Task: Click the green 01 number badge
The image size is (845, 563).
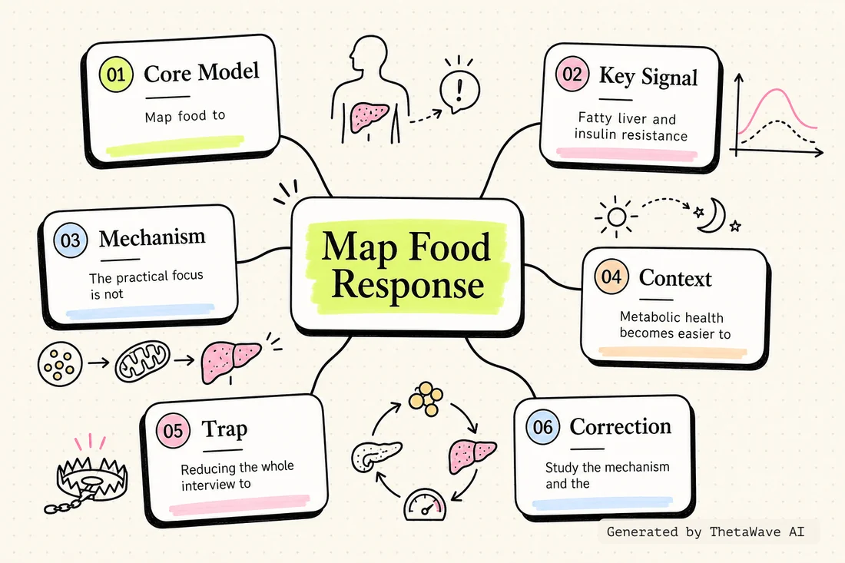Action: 116,75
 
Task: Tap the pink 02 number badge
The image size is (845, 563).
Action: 572,74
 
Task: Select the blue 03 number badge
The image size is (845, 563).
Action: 70,240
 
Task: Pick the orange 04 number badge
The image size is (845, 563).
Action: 611,277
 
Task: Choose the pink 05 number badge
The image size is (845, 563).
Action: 173,430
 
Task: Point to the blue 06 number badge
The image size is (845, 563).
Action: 542,427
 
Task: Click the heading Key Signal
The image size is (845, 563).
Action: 648,77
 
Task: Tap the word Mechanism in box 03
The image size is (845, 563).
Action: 152,237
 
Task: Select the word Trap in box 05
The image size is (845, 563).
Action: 225,429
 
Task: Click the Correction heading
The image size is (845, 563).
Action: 620,426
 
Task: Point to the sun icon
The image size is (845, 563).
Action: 616,217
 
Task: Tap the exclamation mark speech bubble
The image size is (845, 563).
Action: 459,90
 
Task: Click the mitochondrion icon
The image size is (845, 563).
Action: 143,361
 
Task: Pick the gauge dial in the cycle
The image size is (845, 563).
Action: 425,505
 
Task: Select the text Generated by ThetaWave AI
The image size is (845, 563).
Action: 705,532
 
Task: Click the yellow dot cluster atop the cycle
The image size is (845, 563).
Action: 426,399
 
